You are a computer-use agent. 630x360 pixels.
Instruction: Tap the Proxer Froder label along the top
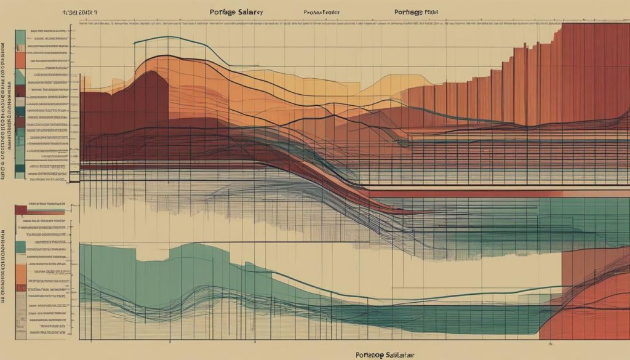[x=323, y=12]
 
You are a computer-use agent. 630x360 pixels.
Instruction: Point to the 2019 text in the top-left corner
[x=83, y=12]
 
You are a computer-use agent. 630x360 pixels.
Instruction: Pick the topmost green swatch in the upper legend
[x=20, y=39]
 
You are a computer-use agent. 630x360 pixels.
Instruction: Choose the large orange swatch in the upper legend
[x=20, y=60]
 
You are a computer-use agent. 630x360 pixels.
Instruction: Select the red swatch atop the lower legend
[x=21, y=210]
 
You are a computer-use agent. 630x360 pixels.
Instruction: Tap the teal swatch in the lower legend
[x=21, y=246]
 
